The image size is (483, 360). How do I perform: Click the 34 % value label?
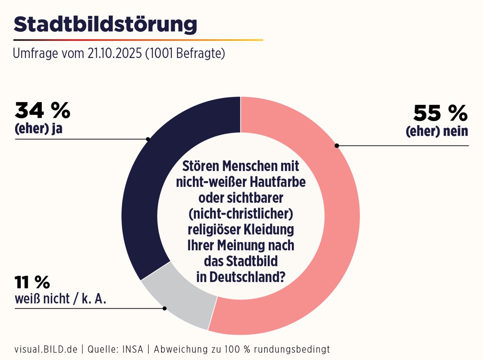point(42,111)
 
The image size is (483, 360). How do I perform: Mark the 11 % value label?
point(32,282)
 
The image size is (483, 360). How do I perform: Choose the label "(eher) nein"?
point(437,131)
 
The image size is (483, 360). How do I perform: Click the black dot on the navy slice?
point(148,139)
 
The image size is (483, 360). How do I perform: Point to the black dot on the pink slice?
point(337,145)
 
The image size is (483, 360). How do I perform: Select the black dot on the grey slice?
point(164,308)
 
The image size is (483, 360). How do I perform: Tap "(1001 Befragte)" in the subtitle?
point(185,54)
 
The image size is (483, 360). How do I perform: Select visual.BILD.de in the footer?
point(46,349)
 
